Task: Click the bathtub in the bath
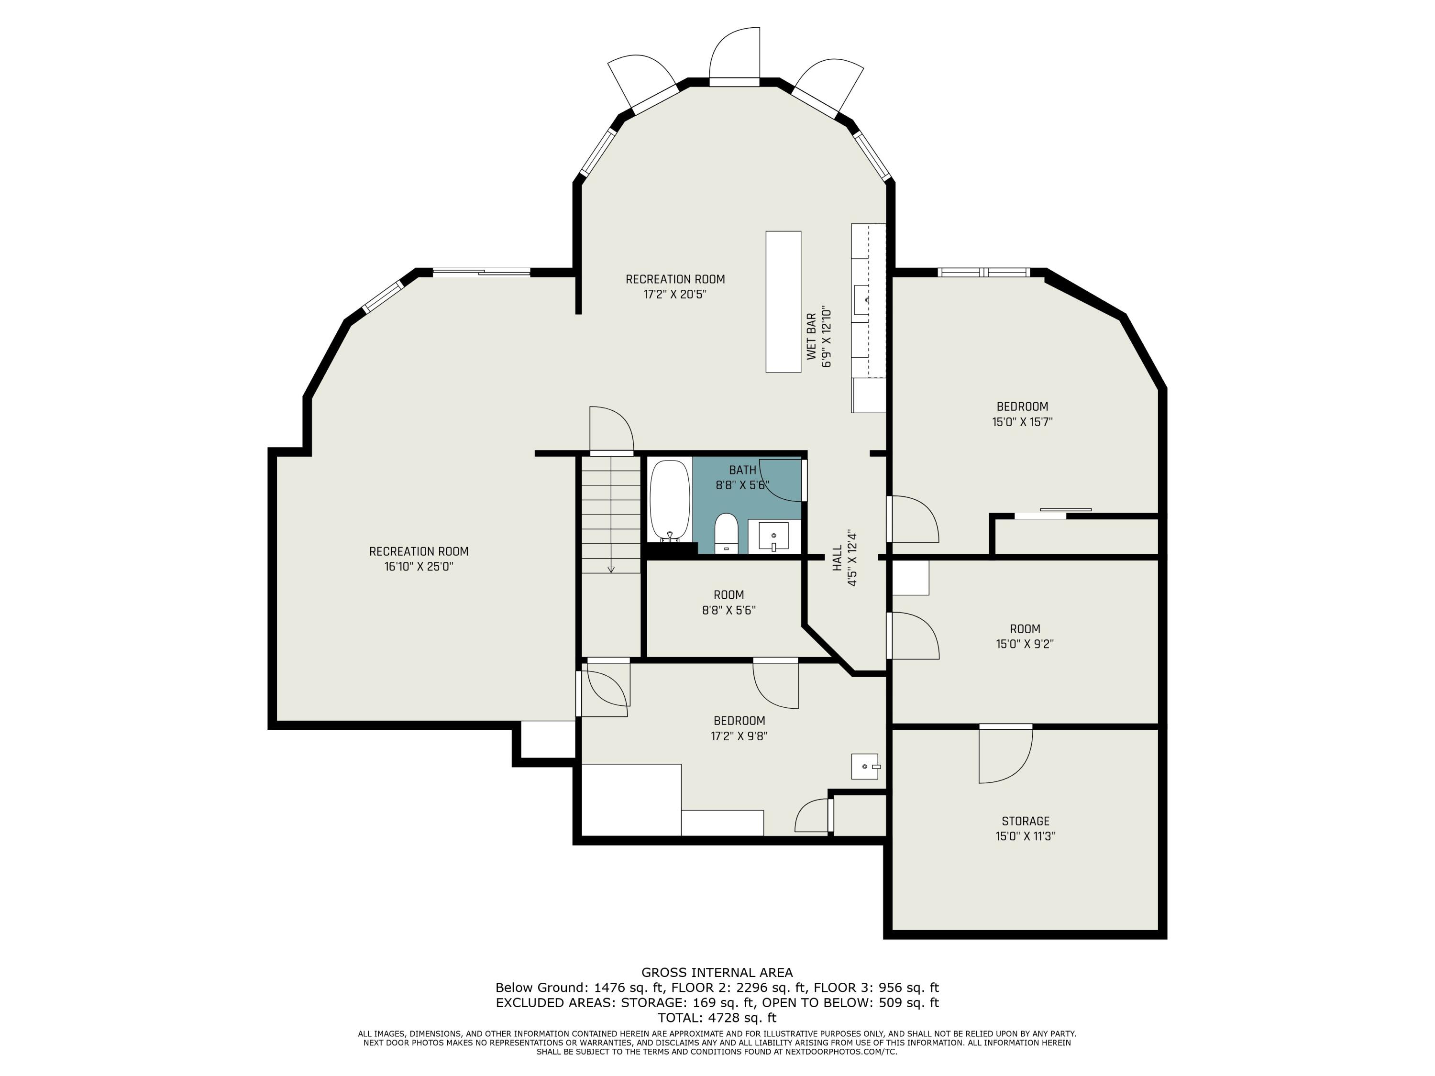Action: (670, 500)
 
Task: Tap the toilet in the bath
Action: (726, 533)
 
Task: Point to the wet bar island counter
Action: (783, 302)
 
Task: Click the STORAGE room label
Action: (1025, 821)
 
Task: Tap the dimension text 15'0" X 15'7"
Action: (1022, 422)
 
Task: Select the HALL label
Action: (838, 558)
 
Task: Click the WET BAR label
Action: (812, 337)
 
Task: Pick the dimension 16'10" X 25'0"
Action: (419, 566)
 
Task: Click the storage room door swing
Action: (1005, 756)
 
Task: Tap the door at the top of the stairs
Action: (611, 428)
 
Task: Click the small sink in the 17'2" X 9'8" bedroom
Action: (865, 766)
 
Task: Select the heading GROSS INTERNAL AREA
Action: (717, 972)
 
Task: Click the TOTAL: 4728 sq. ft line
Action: (717, 1018)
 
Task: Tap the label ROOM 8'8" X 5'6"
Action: (729, 602)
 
